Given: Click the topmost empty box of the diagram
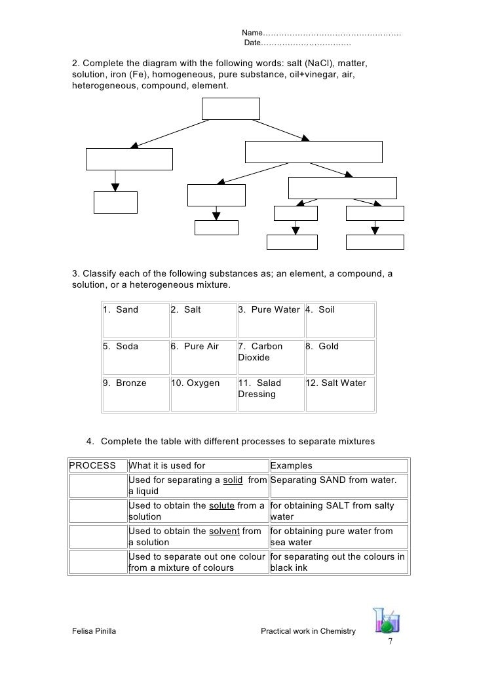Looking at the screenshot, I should click(x=231, y=109).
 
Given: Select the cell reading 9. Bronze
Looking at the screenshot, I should click(x=134, y=393).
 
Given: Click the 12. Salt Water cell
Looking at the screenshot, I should click(x=339, y=393).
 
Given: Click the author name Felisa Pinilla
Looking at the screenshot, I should click(x=95, y=631).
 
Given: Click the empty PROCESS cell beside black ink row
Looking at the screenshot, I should click(x=97, y=562).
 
